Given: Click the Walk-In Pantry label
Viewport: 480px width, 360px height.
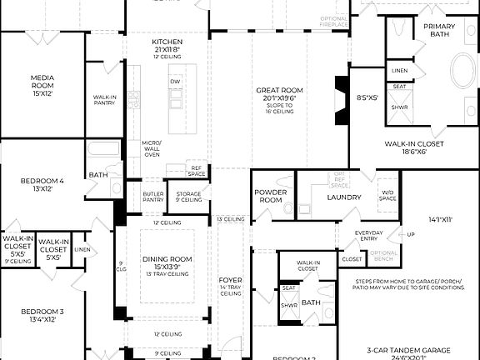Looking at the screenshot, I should point(104,99).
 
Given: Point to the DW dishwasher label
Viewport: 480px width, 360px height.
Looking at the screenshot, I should point(175,82).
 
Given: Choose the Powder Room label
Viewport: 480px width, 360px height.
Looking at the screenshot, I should point(270,196).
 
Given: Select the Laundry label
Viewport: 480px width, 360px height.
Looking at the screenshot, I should point(344,197).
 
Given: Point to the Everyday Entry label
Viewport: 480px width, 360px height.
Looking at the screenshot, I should point(369,236).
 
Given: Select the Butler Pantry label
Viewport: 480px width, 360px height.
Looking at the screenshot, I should point(153,197).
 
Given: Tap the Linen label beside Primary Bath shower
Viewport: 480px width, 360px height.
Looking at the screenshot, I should point(399,71).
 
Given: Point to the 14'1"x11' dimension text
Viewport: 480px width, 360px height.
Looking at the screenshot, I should point(439,221).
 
